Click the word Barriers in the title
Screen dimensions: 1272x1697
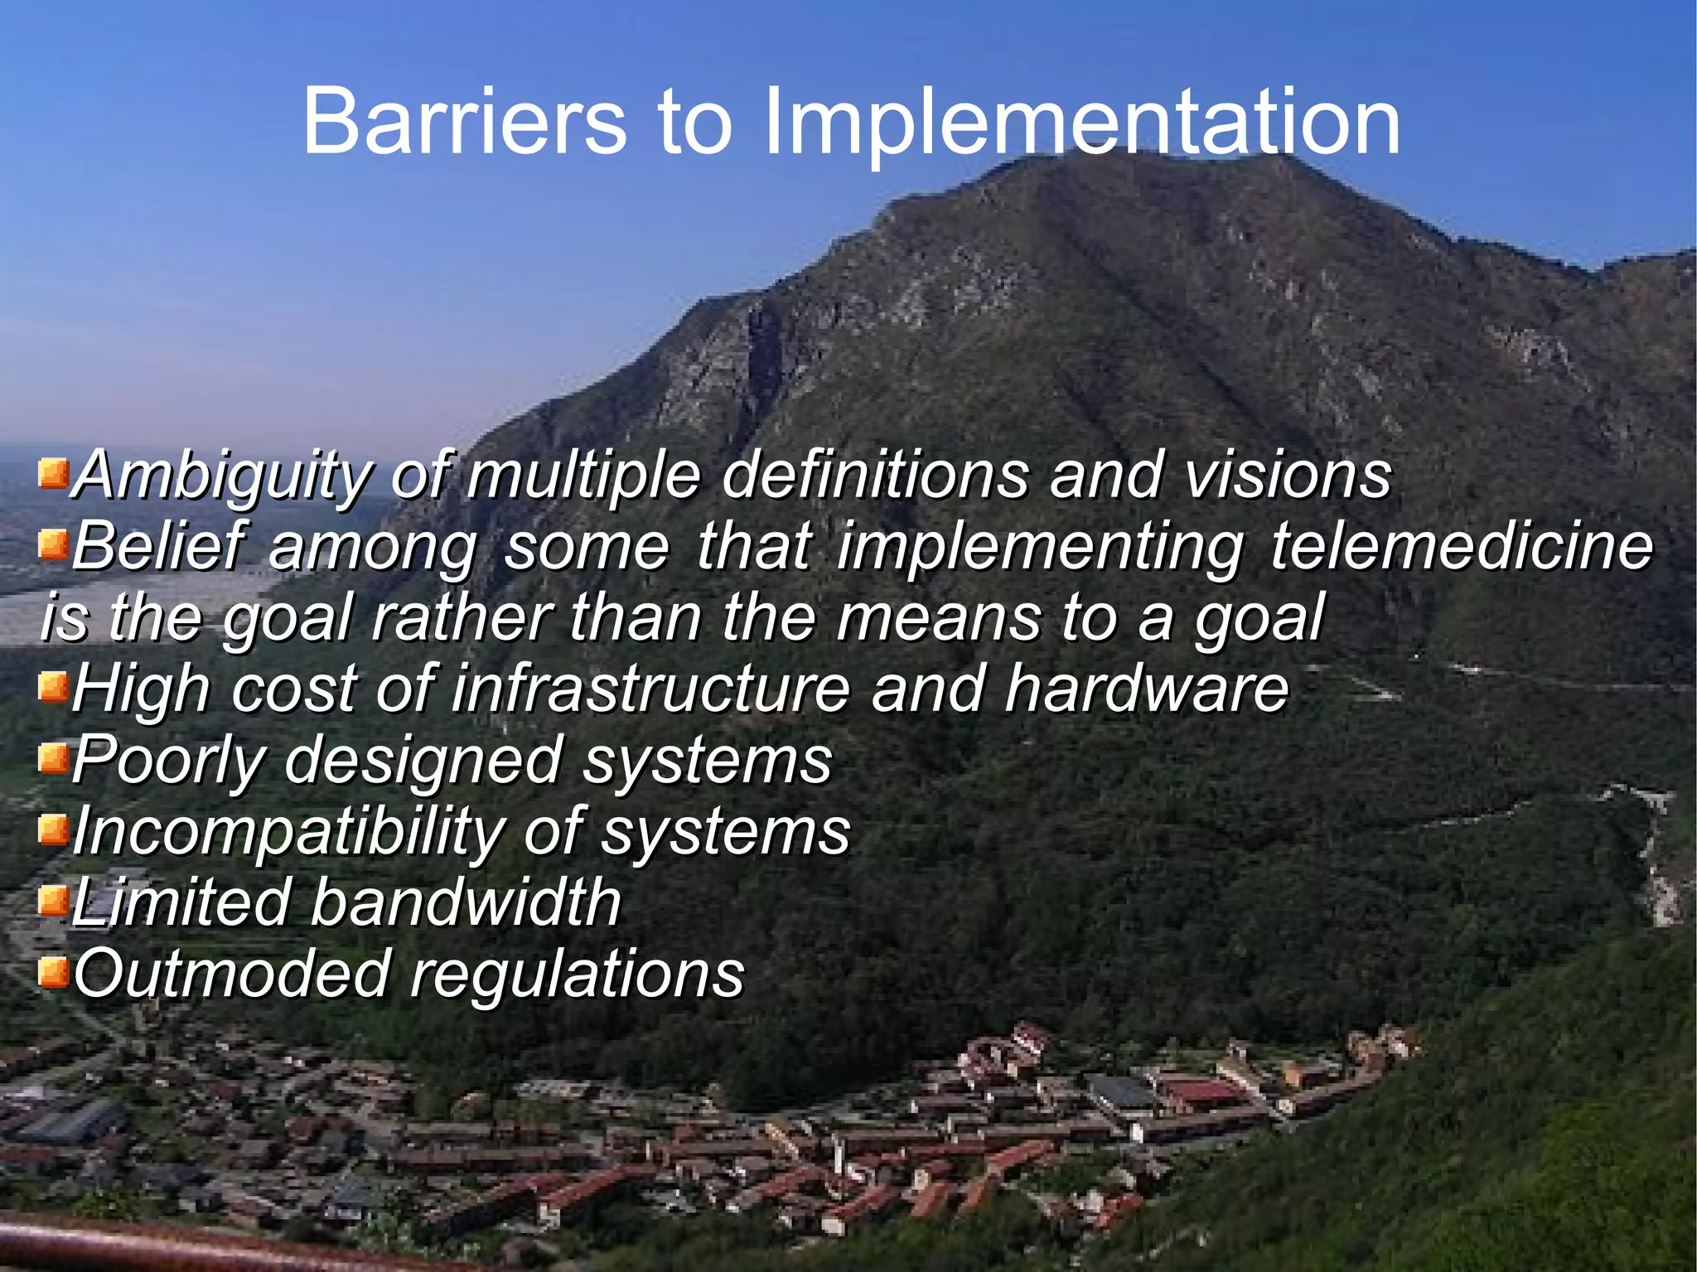[465, 123]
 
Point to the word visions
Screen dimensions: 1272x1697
[1288, 475]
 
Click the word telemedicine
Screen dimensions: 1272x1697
[1462, 547]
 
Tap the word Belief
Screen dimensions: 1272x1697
[157, 547]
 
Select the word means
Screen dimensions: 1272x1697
[937, 618]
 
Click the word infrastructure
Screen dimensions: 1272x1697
[651, 689]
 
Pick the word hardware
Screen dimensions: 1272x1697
[1147, 689]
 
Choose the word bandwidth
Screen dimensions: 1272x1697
[466, 903]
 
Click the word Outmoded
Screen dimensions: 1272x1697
[232, 975]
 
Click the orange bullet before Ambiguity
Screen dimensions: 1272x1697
[53, 476]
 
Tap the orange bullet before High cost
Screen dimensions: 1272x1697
[53, 687]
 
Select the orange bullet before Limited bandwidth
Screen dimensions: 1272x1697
[53, 900]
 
